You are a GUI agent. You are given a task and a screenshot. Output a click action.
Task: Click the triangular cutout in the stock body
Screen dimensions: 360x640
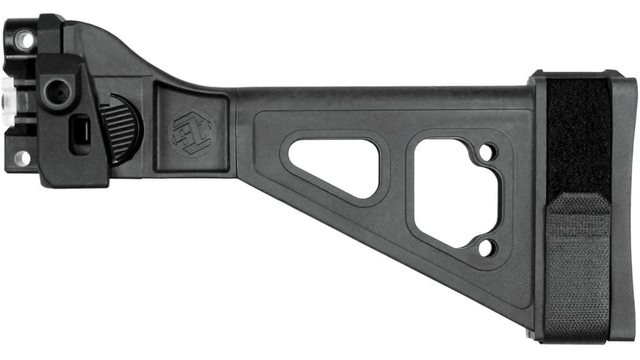tap(333, 166)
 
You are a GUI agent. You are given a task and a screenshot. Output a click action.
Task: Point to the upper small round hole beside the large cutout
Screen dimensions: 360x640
tap(486, 154)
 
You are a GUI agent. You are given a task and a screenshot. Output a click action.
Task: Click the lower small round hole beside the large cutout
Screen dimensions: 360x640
tap(485, 247)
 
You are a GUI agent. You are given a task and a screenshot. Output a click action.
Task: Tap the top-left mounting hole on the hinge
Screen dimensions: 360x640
tap(24, 40)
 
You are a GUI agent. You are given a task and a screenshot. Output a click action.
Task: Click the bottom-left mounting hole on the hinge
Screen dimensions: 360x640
tap(22, 158)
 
